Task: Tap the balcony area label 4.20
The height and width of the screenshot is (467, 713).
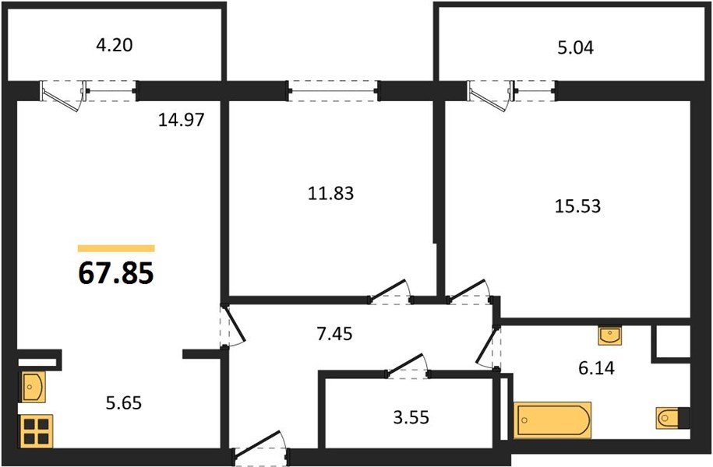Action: point(114,45)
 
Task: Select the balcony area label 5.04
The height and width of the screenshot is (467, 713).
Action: point(576,47)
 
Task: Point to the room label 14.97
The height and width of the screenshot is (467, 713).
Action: point(182,120)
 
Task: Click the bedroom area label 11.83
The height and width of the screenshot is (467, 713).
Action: point(330,194)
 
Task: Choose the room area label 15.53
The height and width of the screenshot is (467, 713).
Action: point(577,206)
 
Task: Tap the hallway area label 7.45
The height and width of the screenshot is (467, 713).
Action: point(334,334)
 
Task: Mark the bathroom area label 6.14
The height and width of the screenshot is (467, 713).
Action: point(596,367)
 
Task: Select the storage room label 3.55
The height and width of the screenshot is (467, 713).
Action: point(411,417)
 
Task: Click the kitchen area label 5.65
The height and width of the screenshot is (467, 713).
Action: point(124,403)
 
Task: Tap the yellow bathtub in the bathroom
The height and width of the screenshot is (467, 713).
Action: point(552,420)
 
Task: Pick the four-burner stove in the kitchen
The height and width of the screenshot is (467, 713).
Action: point(36,431)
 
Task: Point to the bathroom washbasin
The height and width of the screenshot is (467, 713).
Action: point(610,335)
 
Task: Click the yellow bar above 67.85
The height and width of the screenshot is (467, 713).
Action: point(116,248)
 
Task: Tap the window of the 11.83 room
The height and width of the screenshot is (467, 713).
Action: point(334,91)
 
